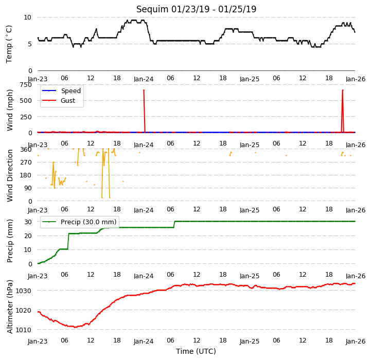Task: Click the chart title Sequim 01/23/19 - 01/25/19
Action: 196,9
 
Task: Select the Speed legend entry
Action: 62,91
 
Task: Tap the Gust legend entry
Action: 59,100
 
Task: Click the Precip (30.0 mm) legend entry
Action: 79,222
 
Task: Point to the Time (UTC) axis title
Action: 196,351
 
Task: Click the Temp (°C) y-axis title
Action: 9,44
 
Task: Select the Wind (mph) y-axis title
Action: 9,110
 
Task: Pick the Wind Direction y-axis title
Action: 9,175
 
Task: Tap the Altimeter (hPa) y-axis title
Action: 9,307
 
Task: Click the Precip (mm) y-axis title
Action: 9,241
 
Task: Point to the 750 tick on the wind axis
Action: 26,85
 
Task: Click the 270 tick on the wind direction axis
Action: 26,163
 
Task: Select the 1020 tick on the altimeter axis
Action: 23,310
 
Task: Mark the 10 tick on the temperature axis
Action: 27,17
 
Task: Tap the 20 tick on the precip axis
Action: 28,236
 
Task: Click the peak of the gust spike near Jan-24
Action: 144,90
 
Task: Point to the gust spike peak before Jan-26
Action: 343,90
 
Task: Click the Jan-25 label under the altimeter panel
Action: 250,341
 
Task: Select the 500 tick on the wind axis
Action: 26,100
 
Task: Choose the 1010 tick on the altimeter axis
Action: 23,330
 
